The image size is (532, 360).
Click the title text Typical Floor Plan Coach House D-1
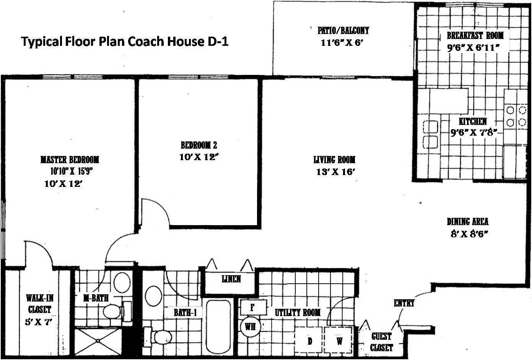[x=125, y=41]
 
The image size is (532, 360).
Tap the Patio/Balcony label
[x=343, y=30]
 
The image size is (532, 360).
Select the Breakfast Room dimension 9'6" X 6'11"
[x=474, y=48]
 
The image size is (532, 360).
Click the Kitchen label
[x=473, y=122]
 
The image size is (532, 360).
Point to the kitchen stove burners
[x=516, y=116]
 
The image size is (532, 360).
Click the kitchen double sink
[x=430, y=134]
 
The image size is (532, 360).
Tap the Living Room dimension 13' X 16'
[x=336, y=172]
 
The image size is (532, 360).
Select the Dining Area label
[x=467, y=222]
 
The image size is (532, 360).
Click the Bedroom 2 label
[x=199, y=145]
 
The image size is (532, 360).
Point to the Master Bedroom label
[x=70, y=159]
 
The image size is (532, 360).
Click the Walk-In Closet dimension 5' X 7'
[x=38, y=322]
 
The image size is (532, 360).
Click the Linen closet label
[x=231, y=279]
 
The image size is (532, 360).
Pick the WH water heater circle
[x=251, y=327]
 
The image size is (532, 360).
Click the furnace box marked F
[x=252, y=307]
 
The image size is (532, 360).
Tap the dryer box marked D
[x=309, y=341]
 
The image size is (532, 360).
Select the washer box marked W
[x=339, y=341]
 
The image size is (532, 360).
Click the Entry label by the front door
[x=404, y=303]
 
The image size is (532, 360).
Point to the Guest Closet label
[x=381, y=342]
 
